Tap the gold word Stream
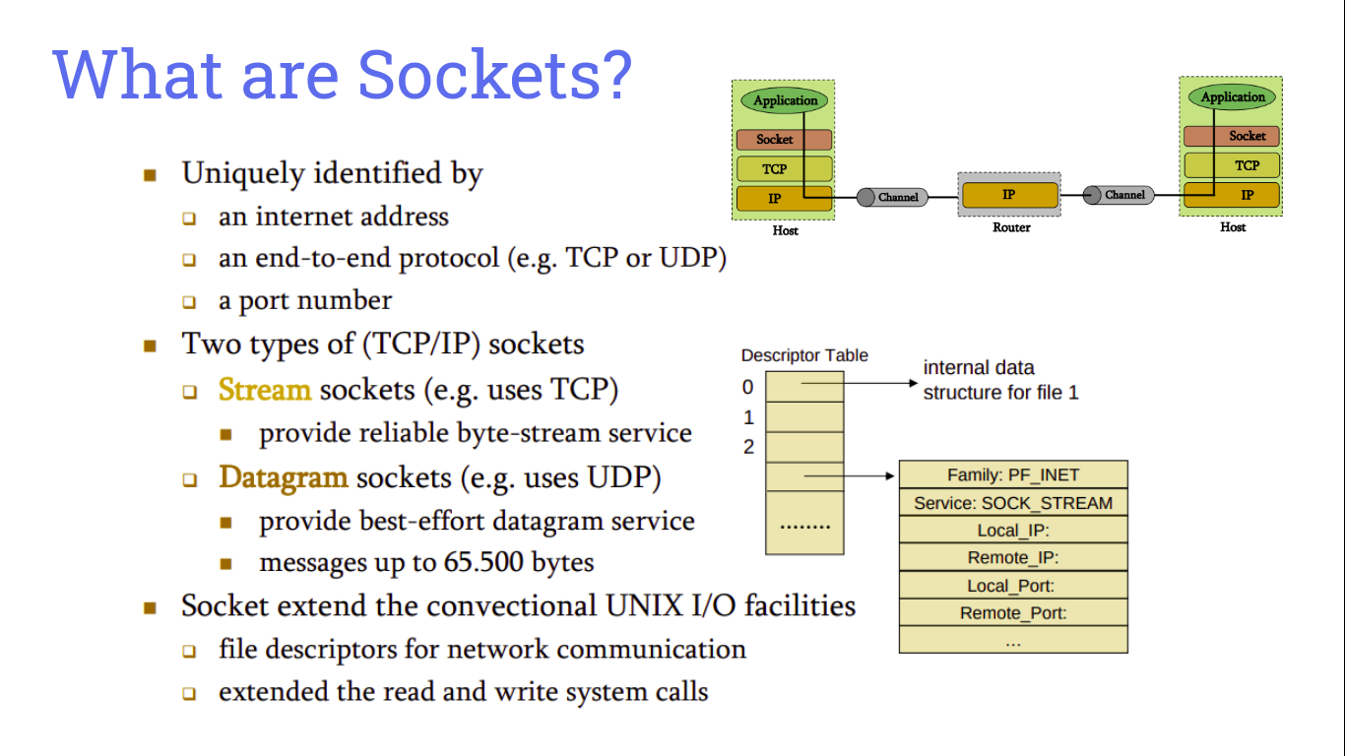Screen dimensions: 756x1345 [265, 390]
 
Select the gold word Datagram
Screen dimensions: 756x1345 [284, 477]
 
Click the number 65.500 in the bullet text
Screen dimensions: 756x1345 [481, 563]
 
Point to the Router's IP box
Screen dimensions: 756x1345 [1009, 195]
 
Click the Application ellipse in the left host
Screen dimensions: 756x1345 [785, 100]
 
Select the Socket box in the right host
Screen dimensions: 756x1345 [1232, 136]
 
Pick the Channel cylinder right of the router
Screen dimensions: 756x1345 [1116, 195]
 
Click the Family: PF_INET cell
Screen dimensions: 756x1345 [1013, 474]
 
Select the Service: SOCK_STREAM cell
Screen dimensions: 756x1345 [1013, 503]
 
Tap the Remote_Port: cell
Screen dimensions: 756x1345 [1013, 613]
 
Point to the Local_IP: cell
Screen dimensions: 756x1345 [1013, 531]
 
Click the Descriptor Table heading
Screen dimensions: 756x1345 [804, 355]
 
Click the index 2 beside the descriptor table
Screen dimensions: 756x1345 [748, 447]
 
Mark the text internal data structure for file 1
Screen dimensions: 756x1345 [1000, 380]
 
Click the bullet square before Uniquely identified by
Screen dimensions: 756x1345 [150, 175]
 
